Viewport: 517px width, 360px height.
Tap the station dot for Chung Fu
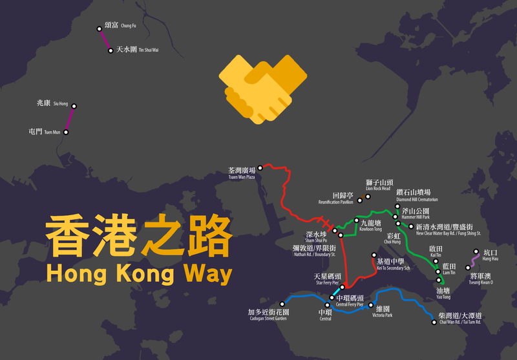[100, 28]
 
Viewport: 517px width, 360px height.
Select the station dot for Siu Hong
[74, 106]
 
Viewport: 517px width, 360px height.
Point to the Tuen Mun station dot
[65, 132]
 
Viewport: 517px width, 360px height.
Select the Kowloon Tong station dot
[356, 220]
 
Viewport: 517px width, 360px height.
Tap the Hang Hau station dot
[477, 252]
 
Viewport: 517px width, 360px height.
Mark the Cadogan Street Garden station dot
[282, 303]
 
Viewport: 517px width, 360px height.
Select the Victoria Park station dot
[370, 305]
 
